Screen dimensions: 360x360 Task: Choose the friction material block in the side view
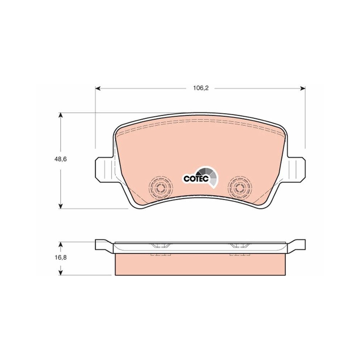pos(200,265)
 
